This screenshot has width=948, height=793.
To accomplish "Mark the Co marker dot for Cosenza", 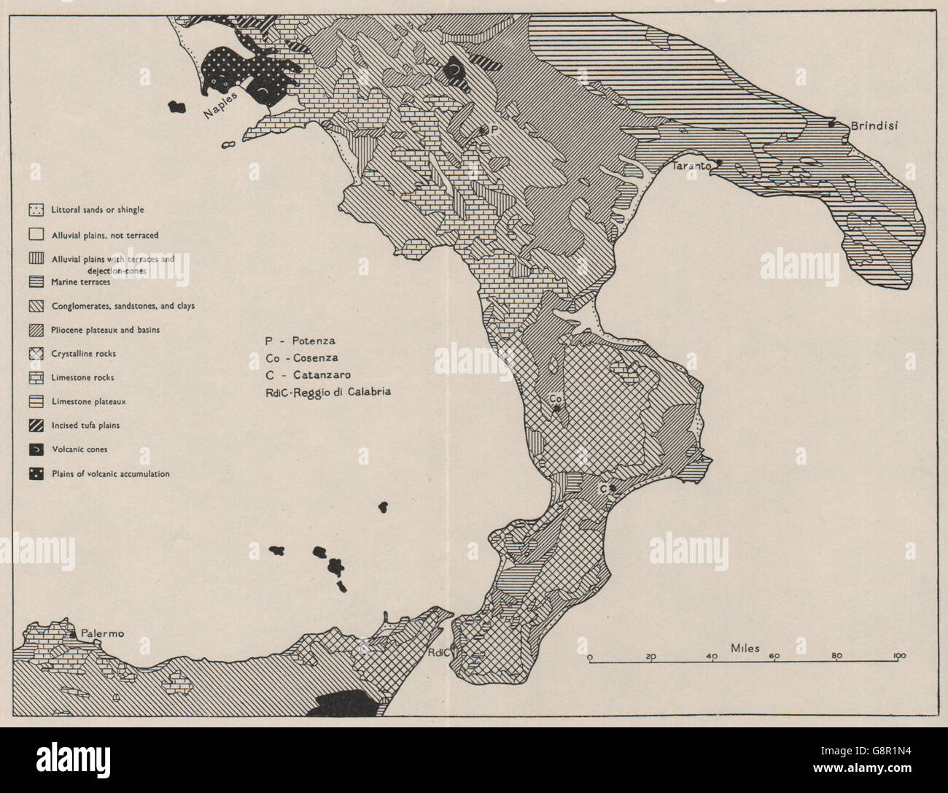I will [x=557, y=409].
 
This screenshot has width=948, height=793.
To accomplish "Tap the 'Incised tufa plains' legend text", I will [x=85, y=425].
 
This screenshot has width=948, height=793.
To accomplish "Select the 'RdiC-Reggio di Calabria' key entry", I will [x=329, y=392].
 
